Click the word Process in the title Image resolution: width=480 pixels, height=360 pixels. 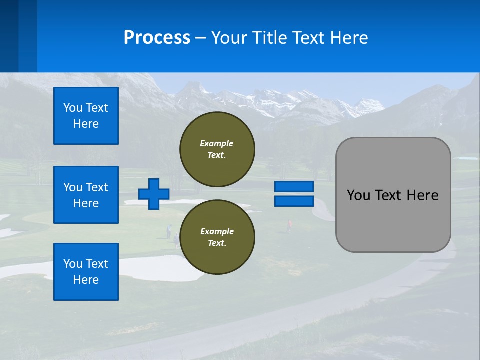157,38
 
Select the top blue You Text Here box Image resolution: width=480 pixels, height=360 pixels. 86,116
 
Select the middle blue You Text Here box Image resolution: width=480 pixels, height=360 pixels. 86,195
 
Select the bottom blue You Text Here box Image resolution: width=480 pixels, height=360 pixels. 86,272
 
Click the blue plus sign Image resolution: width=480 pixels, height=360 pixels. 153,194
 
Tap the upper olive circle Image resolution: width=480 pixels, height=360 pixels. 217,149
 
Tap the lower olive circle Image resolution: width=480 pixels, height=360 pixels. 217,237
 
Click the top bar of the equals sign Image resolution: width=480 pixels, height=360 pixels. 294,187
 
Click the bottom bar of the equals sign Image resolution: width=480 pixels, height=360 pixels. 294,201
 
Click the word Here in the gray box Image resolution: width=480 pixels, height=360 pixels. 422,195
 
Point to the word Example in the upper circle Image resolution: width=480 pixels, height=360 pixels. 216,143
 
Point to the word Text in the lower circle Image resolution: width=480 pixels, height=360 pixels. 216,243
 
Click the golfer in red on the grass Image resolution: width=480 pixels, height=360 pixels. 289,226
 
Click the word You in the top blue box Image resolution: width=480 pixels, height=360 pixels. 72,108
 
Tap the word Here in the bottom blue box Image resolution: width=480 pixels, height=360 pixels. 86,280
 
